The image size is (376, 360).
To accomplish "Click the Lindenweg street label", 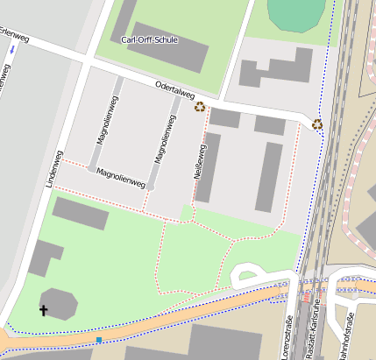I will coord(53,171).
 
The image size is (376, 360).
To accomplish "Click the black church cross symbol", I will coord(43,309).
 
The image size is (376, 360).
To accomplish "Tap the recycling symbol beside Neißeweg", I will coord(200,107).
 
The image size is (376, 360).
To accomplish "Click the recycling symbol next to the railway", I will coord(317,124).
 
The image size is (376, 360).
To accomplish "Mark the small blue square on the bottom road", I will coord(99,339).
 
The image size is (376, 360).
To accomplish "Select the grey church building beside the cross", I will coord(60,303).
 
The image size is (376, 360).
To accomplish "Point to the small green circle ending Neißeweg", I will coord(187,213).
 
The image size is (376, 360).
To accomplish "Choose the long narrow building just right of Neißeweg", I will coord(209,166).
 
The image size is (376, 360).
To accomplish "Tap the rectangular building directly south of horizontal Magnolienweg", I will coord(81,213).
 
